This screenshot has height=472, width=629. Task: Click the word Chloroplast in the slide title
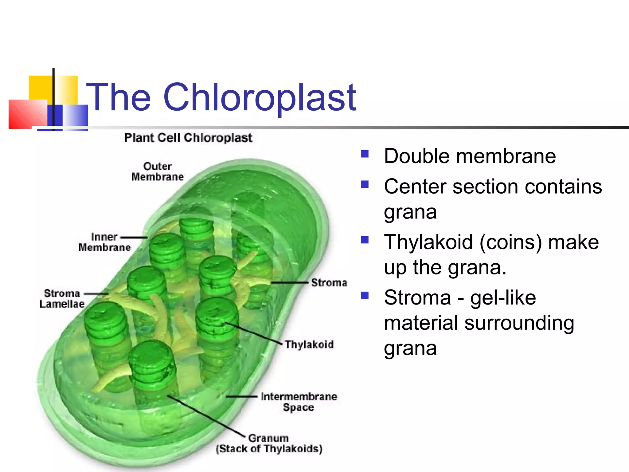pos(260,98)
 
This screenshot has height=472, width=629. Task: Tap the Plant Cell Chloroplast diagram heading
pos(188,137)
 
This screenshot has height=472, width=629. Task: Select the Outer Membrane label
pos(157,171)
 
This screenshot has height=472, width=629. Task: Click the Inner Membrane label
pos(104,242)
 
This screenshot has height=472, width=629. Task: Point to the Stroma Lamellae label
pos(62,298)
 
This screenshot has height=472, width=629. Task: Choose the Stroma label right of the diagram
pos(329,283)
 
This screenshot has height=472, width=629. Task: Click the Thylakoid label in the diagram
pos(309,344)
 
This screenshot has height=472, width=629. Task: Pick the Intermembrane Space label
pos(299,402)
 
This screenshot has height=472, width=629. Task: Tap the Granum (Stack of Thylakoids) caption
pos(269,443)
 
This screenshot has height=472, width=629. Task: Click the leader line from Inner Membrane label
pos(134,238)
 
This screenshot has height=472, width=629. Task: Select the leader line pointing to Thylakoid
pos(253,333)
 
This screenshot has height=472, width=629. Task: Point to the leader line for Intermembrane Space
pos(242,397)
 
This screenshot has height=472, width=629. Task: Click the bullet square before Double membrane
pos(365,154)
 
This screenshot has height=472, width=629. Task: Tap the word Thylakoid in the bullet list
pos(428,242)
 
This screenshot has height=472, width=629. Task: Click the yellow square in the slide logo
pos(40,88)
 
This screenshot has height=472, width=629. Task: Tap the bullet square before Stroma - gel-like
pos(365,296)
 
